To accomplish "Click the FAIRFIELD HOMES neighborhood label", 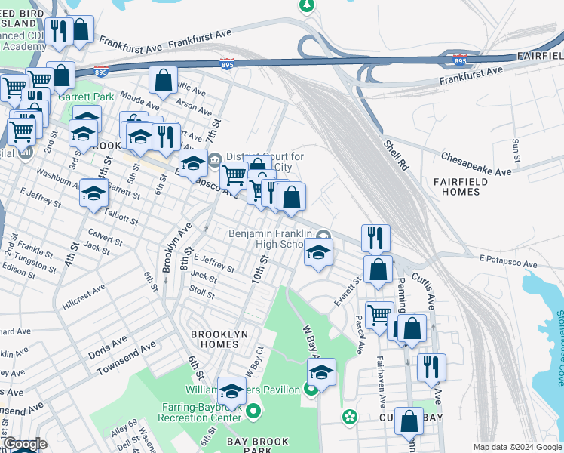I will [x=467, y=186].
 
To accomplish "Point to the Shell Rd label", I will [x=394, y=154].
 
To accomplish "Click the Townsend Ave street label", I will [x=127, y=358].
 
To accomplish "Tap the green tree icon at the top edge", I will [x=306, y=6].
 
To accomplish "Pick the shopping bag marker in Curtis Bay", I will [x=409, y=424].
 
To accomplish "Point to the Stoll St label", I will [x=202, y=291].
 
